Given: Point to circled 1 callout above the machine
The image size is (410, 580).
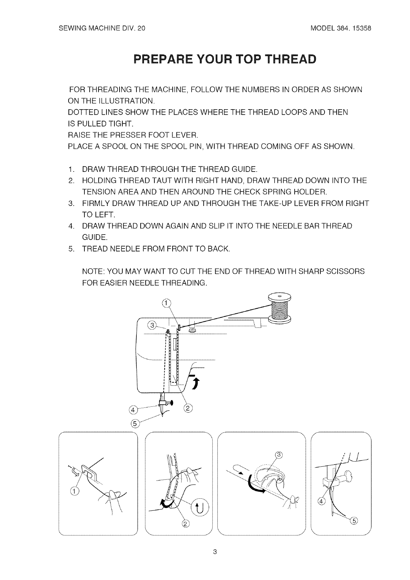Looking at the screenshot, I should [166, 303].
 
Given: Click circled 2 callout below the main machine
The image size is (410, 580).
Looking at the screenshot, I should [188, 408].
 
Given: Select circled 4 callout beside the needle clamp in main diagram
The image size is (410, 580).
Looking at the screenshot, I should [132, 410].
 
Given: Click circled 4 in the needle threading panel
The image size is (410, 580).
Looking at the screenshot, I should [321, 501].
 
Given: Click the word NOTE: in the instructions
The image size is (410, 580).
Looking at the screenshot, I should [91, 271].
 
